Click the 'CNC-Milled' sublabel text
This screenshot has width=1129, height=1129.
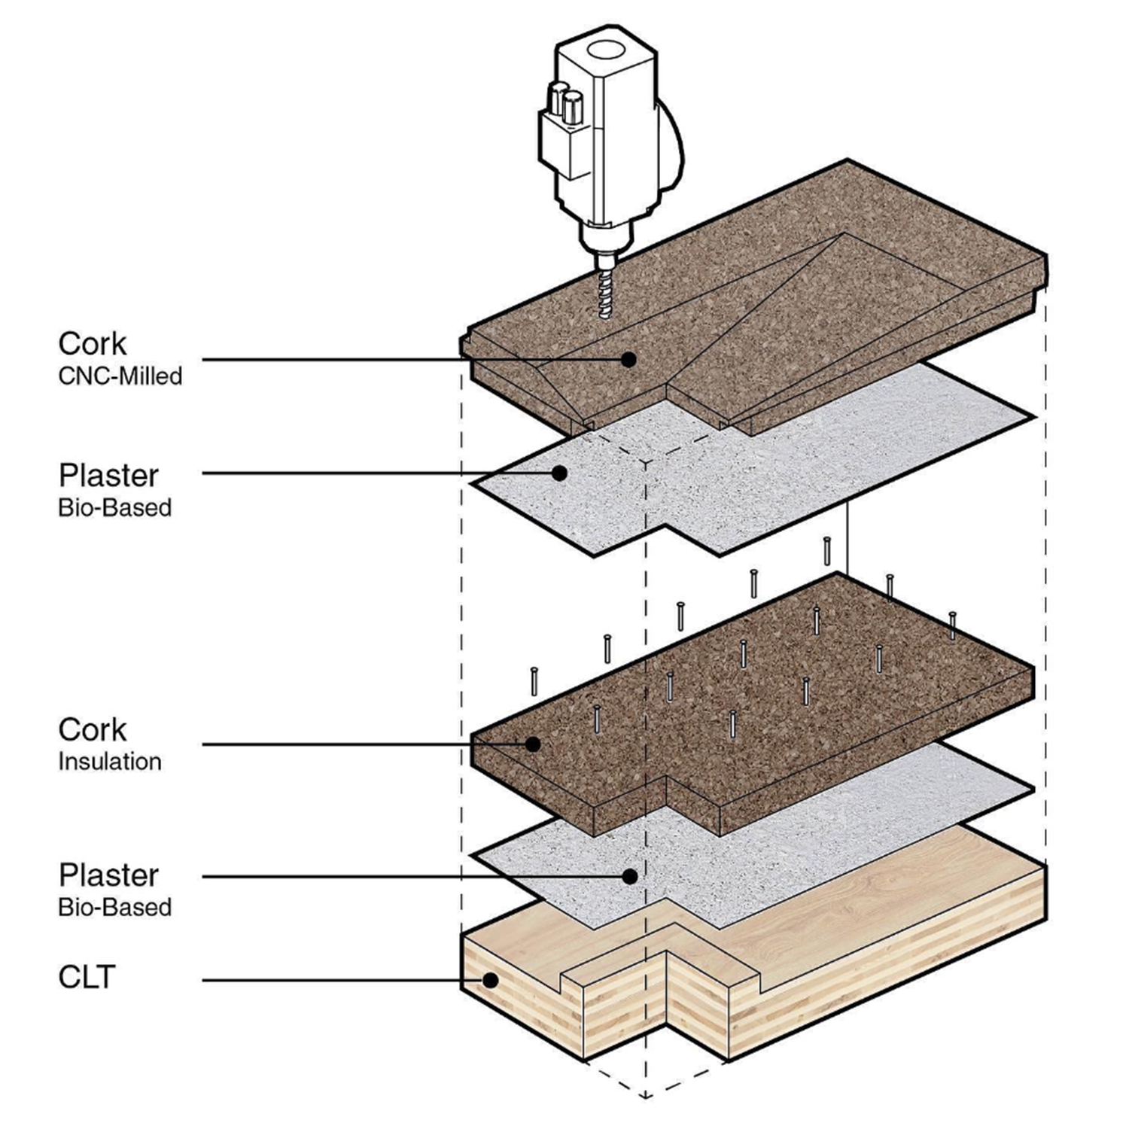(120, 376)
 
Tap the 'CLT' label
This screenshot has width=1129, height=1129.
(87, 977)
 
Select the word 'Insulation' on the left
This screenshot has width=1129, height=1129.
(110, 761)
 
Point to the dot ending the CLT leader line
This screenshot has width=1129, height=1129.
(490, 981)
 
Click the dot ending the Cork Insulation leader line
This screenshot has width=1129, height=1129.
(533, 744)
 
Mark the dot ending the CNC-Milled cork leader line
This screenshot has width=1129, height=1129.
(628, 360)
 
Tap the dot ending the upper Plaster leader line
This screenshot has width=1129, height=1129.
(559, 473)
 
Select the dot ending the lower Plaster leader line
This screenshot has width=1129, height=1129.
(631, 876)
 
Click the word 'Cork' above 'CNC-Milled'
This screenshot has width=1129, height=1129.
(93, 344)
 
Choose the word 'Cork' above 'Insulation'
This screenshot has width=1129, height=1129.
(93, 729)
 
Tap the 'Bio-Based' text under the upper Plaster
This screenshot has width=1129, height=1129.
(115, 507)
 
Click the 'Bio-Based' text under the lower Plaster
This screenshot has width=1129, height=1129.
(115, 907)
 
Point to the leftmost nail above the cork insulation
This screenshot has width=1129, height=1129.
(534, 680)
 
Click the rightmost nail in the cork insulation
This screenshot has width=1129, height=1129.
(953, 625)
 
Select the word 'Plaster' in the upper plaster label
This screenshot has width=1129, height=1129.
(109, 476)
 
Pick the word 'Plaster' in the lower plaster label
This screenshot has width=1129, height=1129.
(109, 875)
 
